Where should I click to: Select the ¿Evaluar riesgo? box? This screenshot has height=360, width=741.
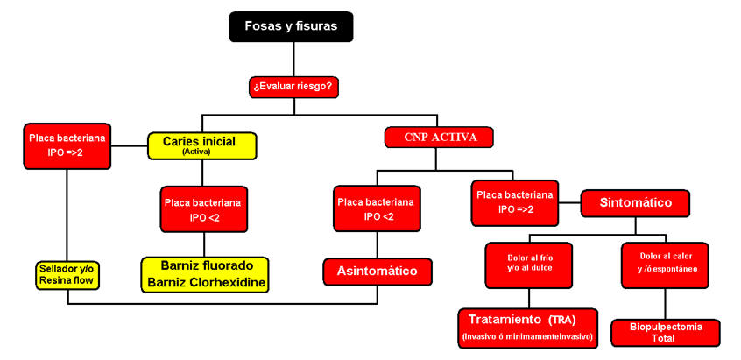(x=294, y=87)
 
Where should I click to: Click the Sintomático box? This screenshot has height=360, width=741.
(x=636, y=202)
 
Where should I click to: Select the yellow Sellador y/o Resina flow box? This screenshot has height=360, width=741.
(x=67, y=274)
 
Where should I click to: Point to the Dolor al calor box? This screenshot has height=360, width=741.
(x=663, y=262)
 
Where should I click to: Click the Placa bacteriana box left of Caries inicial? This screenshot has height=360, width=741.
(x=67, y=145)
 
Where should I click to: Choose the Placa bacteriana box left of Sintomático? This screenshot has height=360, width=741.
(x=513, y=203)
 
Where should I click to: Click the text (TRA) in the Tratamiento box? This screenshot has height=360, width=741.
(x=568, y=318)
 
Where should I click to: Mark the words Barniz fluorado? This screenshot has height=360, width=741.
(x=205, y=265)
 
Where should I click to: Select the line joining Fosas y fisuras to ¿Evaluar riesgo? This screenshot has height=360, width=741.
(x=294, y=58)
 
